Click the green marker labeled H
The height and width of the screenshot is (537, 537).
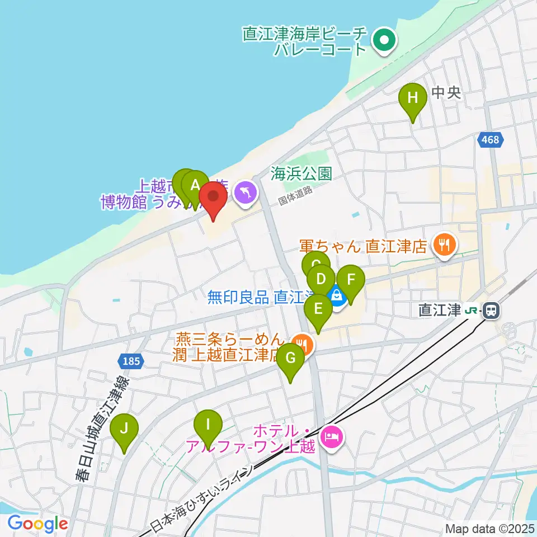(412, 98)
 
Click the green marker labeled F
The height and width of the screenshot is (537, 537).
(351, 279)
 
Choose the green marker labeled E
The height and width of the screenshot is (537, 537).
(318, 309)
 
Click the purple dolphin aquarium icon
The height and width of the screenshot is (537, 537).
(246, 194)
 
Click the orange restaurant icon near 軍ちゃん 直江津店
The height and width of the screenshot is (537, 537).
(445, 244)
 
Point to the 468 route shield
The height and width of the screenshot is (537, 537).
(491, 140)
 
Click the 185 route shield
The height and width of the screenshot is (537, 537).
(130, 361)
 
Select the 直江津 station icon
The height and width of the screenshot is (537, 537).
(492, 309)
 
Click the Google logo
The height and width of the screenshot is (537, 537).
(37, 524)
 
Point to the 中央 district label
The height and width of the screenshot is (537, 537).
(447, 92)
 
